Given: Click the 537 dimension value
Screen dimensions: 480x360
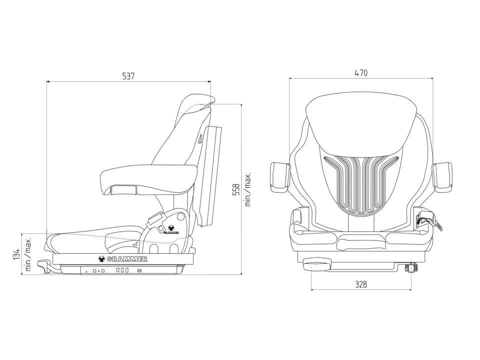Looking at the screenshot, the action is point(128,76).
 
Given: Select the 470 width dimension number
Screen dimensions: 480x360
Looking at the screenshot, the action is point(361,73).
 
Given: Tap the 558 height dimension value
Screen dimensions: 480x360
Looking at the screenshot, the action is point(236,190).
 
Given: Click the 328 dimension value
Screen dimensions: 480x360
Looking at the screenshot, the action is point(361,284).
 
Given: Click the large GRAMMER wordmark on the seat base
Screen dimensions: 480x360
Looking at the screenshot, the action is point(123,259).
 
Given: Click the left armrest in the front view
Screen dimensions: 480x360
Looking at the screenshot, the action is point(280,177).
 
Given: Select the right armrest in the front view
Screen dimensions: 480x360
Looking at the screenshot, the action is point(442,177).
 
